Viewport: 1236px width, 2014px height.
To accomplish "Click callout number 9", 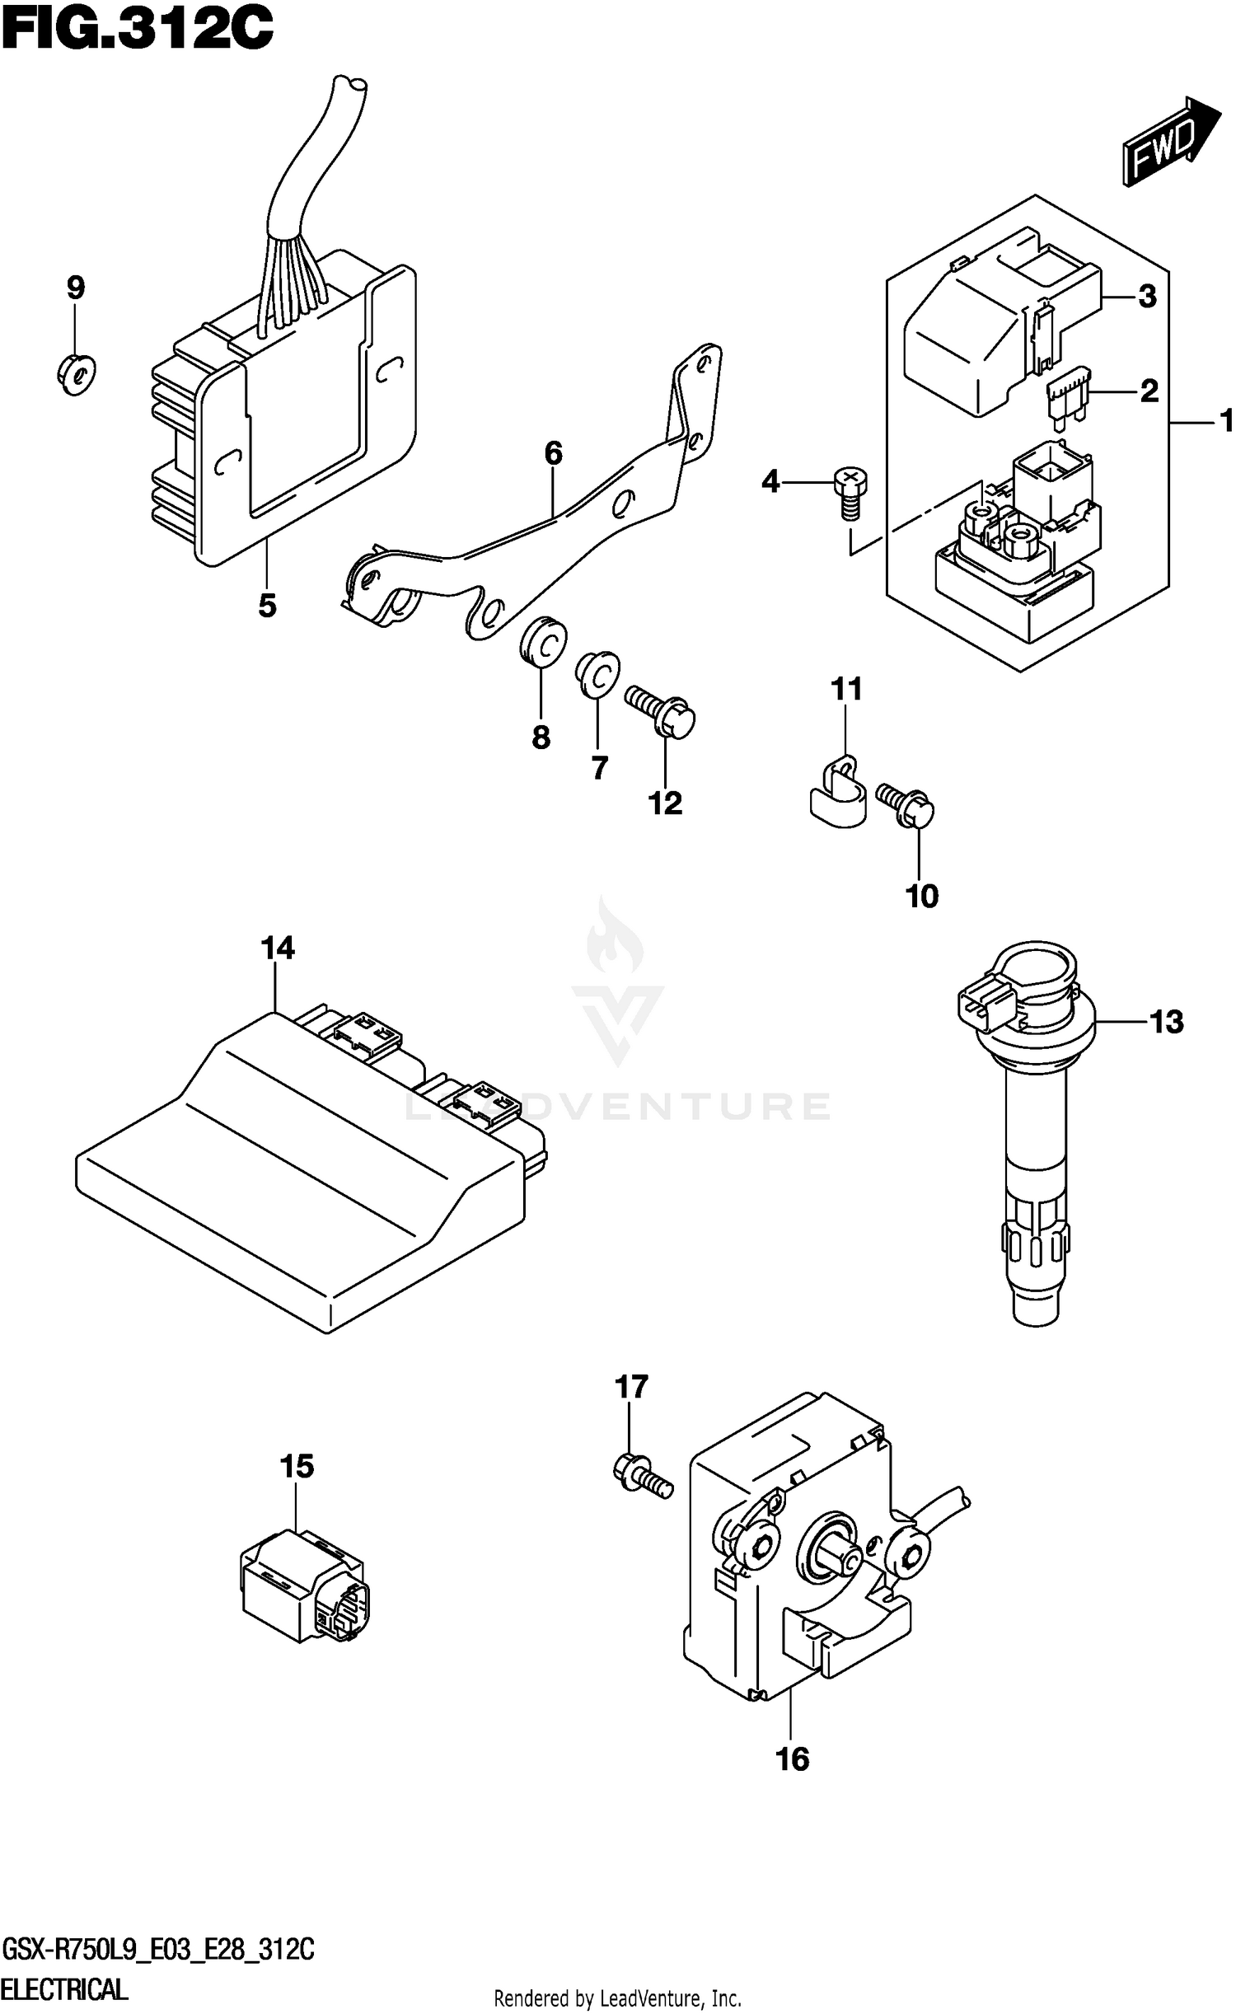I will pos(75,288).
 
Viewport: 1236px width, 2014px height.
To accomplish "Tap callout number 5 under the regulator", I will pos(267,606).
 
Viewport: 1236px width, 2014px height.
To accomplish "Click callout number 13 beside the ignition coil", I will pos(1166,1022).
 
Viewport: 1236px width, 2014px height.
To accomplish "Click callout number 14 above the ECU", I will pos(278,948).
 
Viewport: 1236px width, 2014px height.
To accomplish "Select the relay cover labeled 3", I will pos(989,330).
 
